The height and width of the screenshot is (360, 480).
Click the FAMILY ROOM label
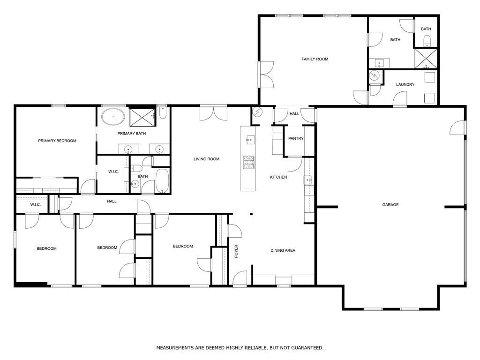click(x=315, y=59)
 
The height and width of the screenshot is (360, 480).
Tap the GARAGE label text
click(x=390, y=205)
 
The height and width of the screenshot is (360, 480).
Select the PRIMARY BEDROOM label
click(x=57, y=141)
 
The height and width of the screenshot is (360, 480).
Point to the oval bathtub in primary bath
click(x=113, y=117)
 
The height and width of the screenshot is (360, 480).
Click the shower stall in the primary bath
click(x=142, y=117)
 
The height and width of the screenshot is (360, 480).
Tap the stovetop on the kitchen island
click(x=248, y=162)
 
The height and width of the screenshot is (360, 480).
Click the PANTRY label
click(x=296, y=139)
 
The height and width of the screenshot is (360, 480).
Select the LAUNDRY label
click(x=405, y=85)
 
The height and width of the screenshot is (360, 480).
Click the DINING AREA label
click(x=283, y=251)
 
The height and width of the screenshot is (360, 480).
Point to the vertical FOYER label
click(x=236, y=251)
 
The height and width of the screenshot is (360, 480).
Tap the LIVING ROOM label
click(x=206, y=159)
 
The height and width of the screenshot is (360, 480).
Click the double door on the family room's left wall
click(x=265, y=75)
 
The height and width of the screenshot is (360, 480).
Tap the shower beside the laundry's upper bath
click(x=426, y=59)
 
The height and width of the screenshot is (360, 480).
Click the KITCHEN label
click(x=278, y=177)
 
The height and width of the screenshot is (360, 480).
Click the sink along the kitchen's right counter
click(x=308, y=180)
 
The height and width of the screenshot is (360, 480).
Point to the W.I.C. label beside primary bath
click(x=113, y=172)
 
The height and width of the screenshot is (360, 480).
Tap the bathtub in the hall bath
click(x=162, y=181)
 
